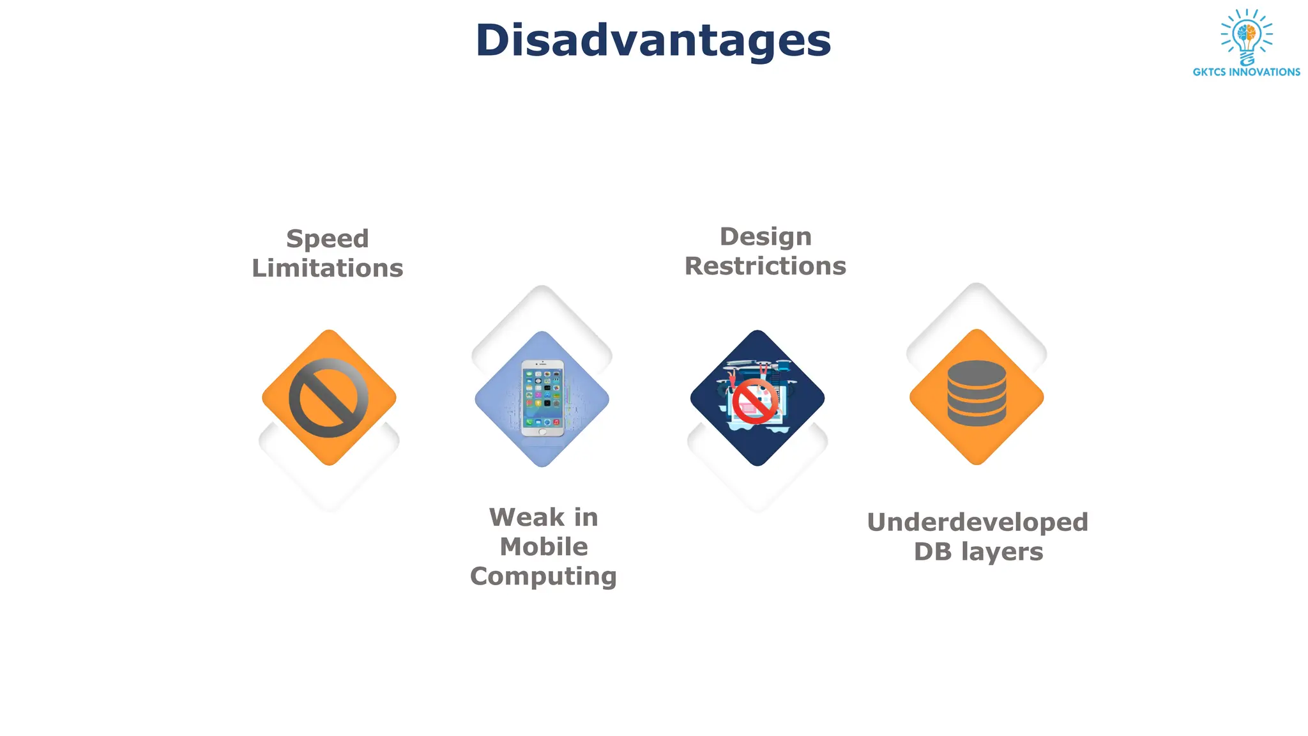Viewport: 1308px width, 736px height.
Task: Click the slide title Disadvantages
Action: click(653, 40)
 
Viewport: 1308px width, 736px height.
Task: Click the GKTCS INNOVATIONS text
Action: click(1246, 72)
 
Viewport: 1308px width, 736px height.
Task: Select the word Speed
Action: click(328, 239)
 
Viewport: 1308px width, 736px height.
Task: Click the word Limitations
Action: click(328, 268)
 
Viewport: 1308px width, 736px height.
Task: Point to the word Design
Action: click(765, 237)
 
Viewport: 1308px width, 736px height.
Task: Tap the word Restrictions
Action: click(765, 266)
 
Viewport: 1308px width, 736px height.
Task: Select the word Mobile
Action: click(544, 547)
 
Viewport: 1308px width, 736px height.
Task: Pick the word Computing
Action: click(544, 576)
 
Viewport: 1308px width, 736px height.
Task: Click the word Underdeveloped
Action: click(977, 523)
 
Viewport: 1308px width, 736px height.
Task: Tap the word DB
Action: click(932, 552)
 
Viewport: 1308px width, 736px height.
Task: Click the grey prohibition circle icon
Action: click(328, 397)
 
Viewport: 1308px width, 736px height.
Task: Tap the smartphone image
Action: click(542, 398)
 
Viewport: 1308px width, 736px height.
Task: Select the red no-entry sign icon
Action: click(755, 401)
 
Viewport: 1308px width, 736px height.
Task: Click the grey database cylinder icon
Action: click(977, 394)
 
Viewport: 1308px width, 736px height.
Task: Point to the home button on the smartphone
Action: click(542, 432)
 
